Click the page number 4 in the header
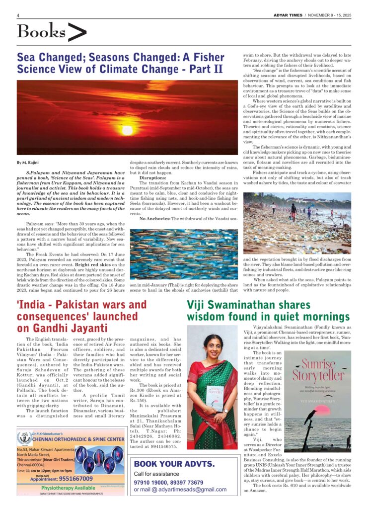18,15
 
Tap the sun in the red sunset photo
128,130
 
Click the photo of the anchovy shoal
184,254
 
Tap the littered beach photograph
297,223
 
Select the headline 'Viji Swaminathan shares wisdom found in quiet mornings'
268,311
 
